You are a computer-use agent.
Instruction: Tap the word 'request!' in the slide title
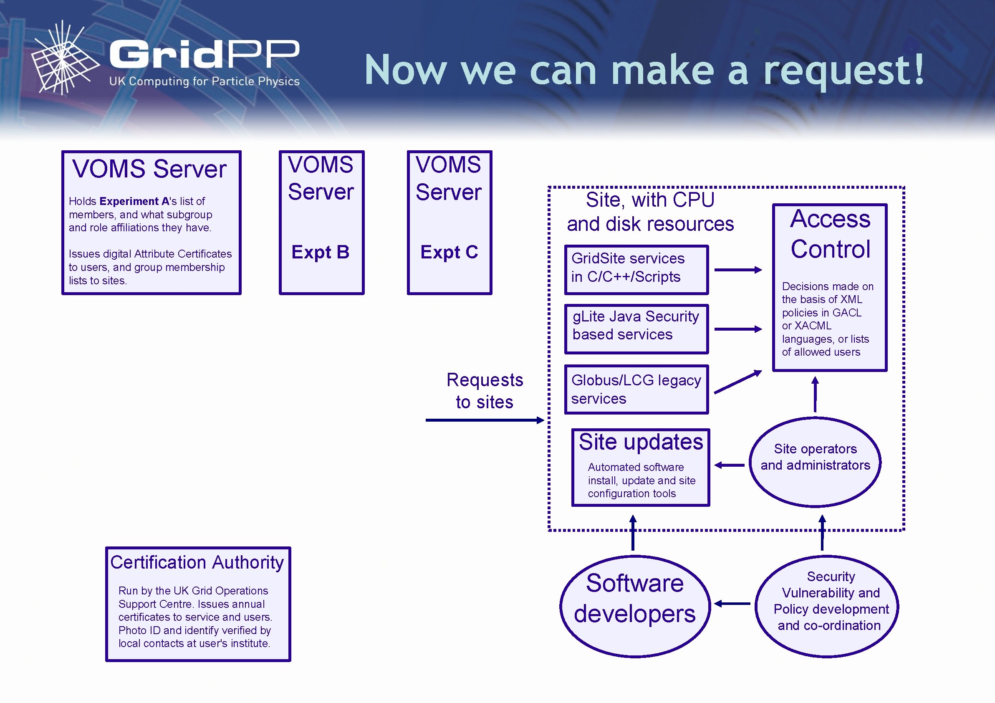843,70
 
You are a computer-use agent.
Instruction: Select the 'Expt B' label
320,252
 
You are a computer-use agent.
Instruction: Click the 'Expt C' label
449,252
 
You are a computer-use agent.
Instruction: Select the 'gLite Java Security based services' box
636,328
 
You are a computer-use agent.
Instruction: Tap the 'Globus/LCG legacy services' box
636,389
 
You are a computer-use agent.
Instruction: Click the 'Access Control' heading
830,234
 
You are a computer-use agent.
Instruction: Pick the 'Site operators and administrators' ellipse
815,462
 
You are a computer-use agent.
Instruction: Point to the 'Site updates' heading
641,443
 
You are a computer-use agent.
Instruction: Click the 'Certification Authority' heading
197,562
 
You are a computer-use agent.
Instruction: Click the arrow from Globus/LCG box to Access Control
737,382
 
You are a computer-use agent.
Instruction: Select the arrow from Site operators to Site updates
730,465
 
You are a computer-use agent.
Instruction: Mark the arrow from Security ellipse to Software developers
732,603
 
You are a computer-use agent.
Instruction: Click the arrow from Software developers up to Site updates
633,533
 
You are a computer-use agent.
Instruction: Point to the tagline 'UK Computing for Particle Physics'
204,81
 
